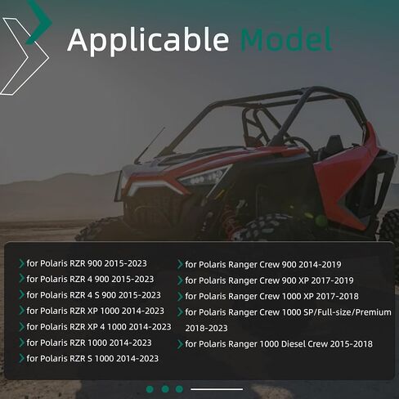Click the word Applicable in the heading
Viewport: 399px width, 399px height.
pyautogui.click(x=148, y=40)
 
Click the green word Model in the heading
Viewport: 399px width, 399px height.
pyautogui.click(x=287, y=39)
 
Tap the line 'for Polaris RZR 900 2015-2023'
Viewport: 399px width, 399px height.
pyautogui.click(x=87, y=263)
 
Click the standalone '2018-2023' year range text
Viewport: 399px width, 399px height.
pyautogui.click(x=206, y=328)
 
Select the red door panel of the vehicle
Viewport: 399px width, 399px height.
pyautogui.click(x=346, y=177)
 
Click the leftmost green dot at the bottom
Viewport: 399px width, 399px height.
pyautogui.click(x=150, y=389)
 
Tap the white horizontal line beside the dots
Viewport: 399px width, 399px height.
pyautogui.click(x=217, y=389)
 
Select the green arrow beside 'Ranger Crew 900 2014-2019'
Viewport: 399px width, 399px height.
pyautogui.click(x=180, y=264)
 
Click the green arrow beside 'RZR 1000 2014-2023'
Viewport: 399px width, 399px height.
pyautogui.click(x=21, y=343)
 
